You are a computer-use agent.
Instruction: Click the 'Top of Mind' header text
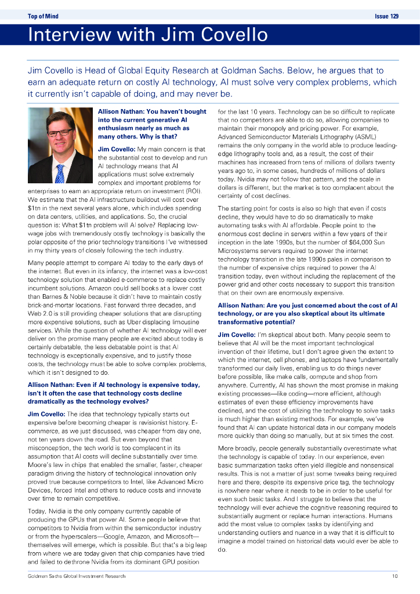pyautogui.click(x=43, y=16)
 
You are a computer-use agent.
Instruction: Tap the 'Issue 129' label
pyautogui.click(x=386, y=16)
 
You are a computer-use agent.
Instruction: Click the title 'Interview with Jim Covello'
pyautogui.click(x=148, y=35)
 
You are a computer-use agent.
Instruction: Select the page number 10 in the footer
pyautogui.click(x=394, y=576)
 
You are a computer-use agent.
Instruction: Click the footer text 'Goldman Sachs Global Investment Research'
pyautogui.click(x=77, y=576)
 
